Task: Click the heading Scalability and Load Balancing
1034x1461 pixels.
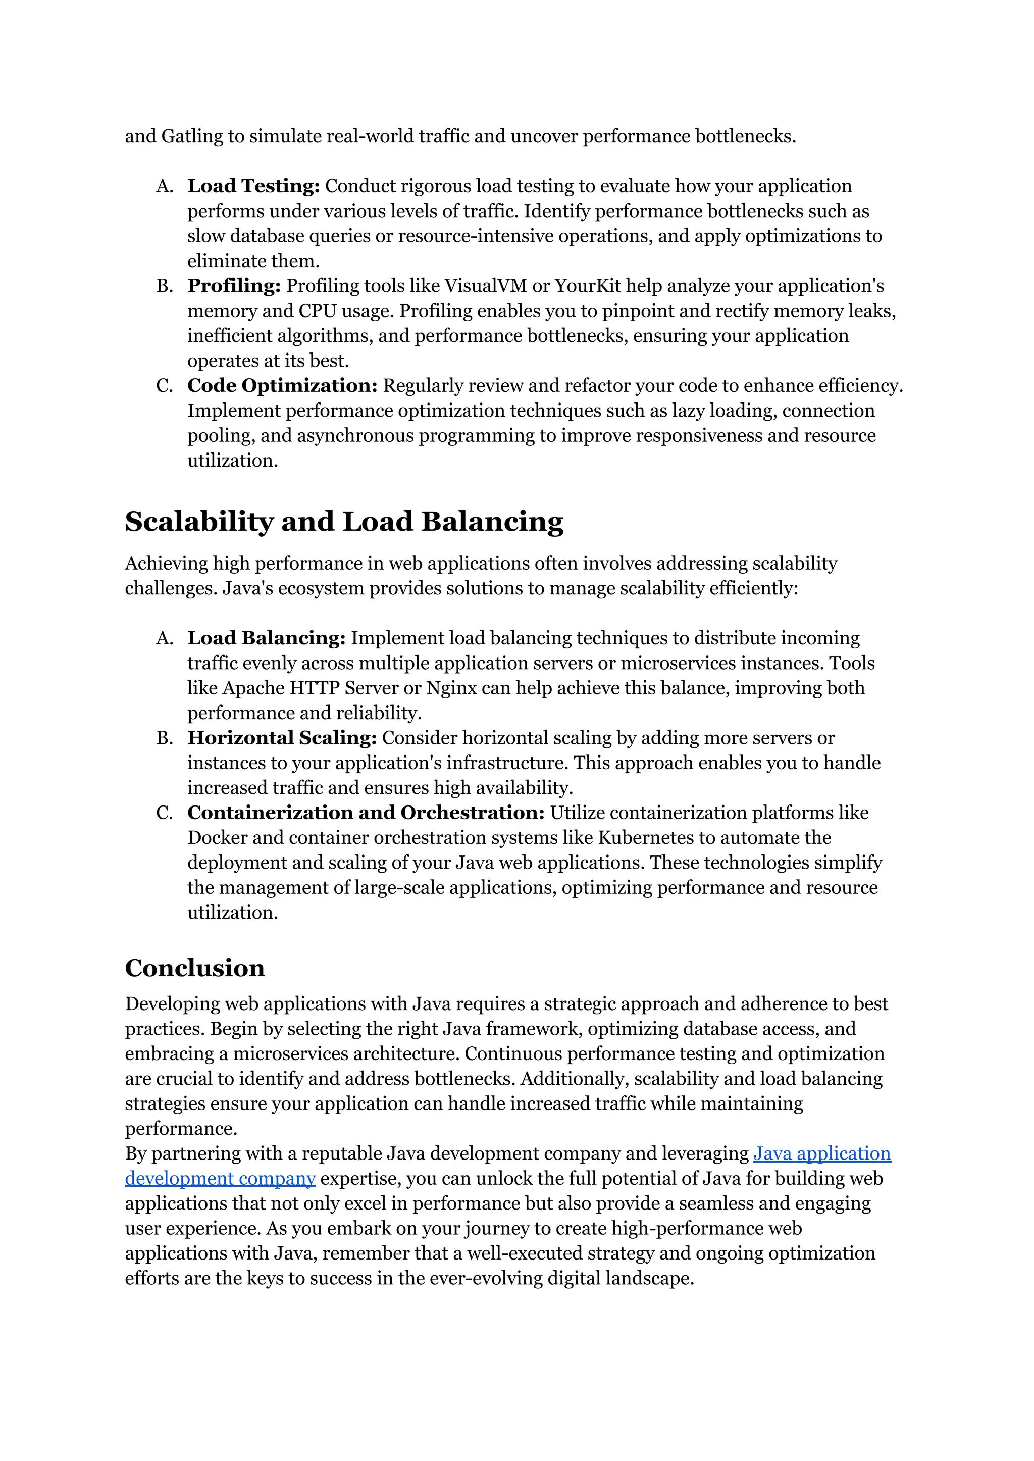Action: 344,522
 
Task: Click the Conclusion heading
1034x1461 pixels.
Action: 194,968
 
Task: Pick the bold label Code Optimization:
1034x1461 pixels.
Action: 282,386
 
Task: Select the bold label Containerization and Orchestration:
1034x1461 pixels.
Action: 366,813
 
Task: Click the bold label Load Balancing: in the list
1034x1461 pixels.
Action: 266,638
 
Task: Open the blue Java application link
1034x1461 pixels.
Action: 821,1153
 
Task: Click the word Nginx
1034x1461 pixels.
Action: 451,688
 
